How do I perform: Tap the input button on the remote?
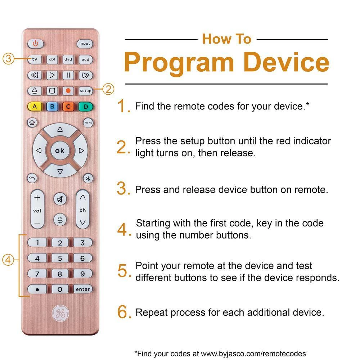pyautogui.click(x=85, y=44)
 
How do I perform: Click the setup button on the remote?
pyautogui.click(x=86, y=91)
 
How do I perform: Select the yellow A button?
pyautogui.click(x=35, y=107)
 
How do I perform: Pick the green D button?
pyautogui.click(x=86, y=107)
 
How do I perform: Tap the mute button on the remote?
pyautogui.click(x=60, y=199)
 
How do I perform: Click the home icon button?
pyautogui.click(x=32, y=122)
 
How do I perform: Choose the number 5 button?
pyautogui.click(x=60, y=258)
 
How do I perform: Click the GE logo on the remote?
pyautogui.click(x=60, y=313)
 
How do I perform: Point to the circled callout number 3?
pyautogui.click(x=8, y=59)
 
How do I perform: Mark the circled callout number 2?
pyautogui.click(x=108, y=89)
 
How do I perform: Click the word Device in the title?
pyautogui.click(x=286, y=62)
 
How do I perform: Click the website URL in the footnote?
pyautogui.click(x=253, y=354)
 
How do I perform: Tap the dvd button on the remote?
pyautogui.click(x=68, y=59)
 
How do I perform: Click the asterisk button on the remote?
pyautogui.click(x=88, y=179)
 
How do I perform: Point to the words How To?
pyautogui.click(x=226, y=39)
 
